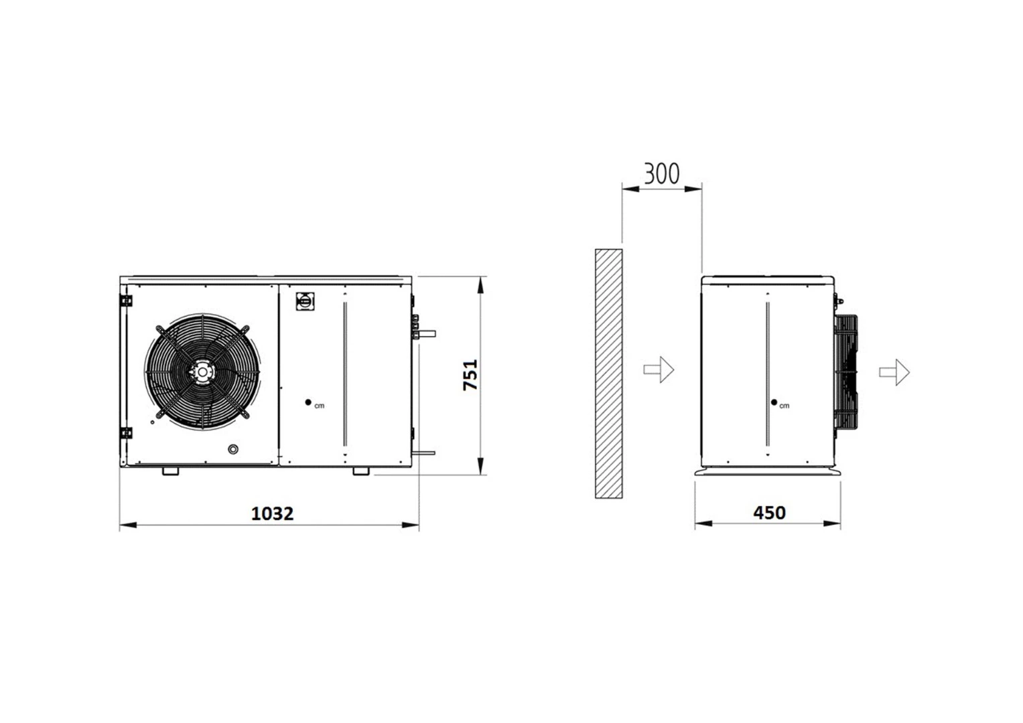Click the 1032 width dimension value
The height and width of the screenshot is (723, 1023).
(272, 514)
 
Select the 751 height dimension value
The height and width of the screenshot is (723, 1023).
(470, 375)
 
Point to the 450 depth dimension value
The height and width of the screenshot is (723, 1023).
(770, 513)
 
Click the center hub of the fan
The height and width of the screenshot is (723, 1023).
(202, 372)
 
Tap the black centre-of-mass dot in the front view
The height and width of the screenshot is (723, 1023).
(308, 402)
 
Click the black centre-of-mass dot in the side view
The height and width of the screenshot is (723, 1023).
(774, 402)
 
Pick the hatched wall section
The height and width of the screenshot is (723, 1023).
(609, 374)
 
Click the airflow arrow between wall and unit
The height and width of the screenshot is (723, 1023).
(659, 370)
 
